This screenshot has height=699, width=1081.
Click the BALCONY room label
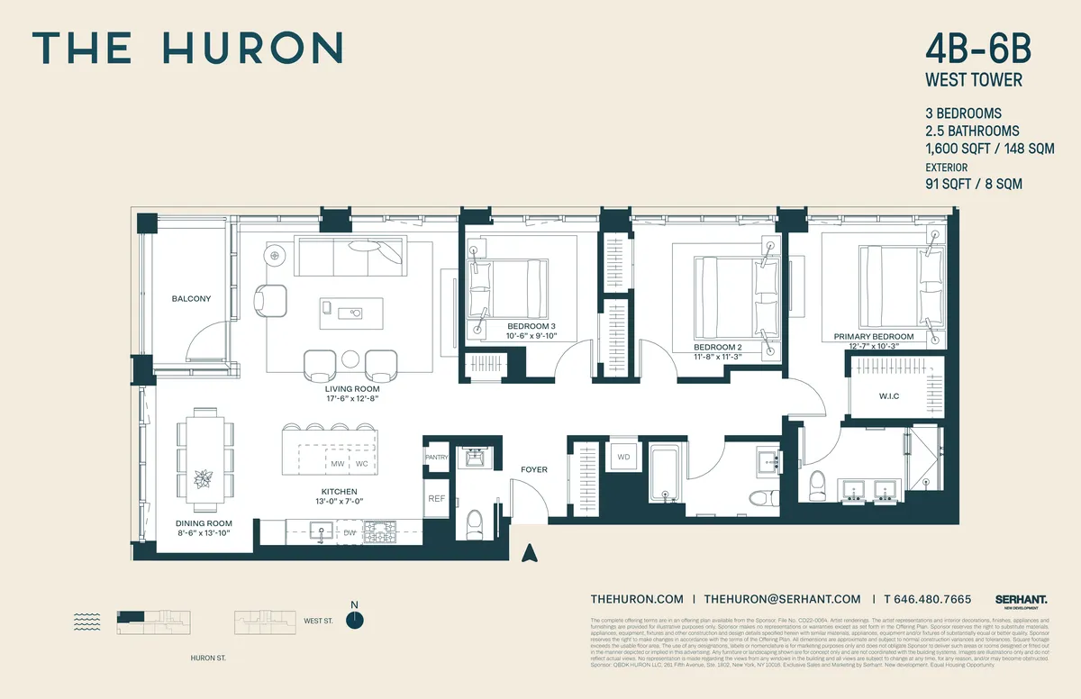tap(191, 298)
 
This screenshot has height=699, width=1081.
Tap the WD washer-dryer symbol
tap(623, 458)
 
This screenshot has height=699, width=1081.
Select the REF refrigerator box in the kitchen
tap(436, 498)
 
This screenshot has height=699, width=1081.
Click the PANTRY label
tap(436, 457)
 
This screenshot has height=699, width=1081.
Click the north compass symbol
tap(355, 619)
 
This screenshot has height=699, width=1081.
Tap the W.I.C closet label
tap(889, 396)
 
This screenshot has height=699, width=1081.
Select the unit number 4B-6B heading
tap(974, 48)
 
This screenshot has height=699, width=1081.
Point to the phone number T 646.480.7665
tap(927, 599)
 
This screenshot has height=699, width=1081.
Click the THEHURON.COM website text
tap(637, 599)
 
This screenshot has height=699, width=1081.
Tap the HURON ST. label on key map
tap(209, 658)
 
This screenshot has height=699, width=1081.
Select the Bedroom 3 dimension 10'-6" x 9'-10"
tap(531, 336)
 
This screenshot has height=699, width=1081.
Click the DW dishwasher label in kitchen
tap(350, 533)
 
